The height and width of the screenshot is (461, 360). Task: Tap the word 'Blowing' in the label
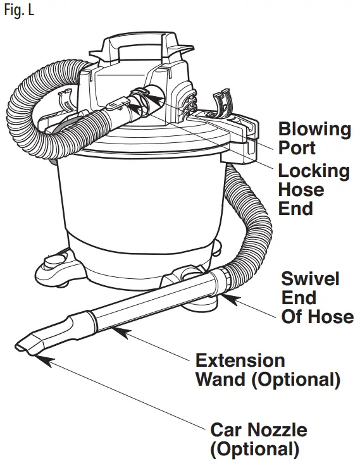[x=314, y=130]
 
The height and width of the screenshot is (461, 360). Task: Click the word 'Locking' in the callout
[x=314, y=171]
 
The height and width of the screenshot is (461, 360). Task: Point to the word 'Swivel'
[x=311, y=279]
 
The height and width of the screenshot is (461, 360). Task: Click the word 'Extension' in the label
[x=240, y=360]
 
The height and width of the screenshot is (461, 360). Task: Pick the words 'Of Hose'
[x=317, y=316]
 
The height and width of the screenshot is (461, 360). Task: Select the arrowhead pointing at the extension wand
[x=114, y=328]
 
